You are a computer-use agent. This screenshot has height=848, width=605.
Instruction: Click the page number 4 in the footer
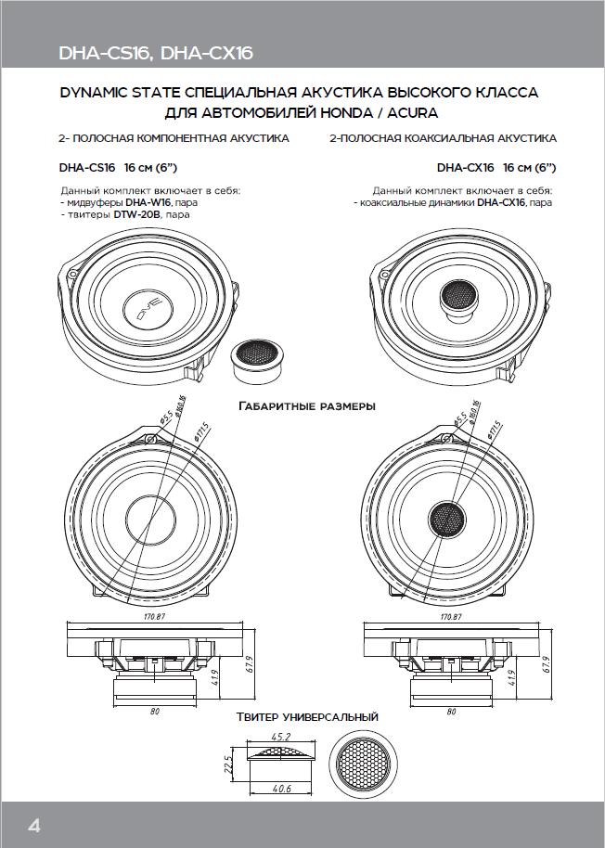tap(34, 825)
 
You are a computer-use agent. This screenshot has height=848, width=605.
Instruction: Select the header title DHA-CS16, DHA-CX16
tap(155, 54)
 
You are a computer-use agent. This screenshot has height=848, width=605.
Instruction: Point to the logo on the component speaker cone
tap(152, 303)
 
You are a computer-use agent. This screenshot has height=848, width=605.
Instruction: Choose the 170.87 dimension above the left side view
tap(154, 616)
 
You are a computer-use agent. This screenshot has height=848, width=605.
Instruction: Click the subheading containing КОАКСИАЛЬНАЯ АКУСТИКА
tap(444, 138)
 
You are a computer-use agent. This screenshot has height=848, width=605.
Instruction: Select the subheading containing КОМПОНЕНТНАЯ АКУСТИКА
tap(174, 138)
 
